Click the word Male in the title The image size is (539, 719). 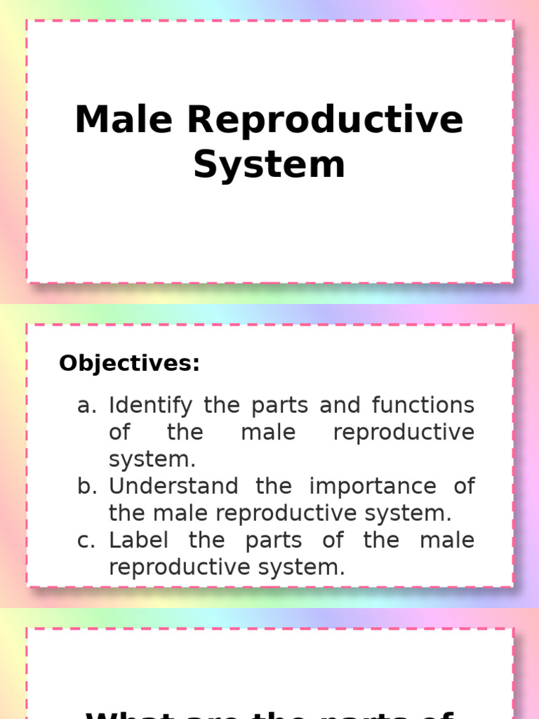124,119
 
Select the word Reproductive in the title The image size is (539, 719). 325,121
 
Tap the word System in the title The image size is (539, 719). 269,165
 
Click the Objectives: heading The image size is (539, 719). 129,364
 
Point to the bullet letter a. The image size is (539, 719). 86,406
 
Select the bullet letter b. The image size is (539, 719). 86,487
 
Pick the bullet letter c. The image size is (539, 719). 86,541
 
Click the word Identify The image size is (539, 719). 149,406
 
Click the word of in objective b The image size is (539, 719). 464,487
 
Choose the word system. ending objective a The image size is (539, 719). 152,460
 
